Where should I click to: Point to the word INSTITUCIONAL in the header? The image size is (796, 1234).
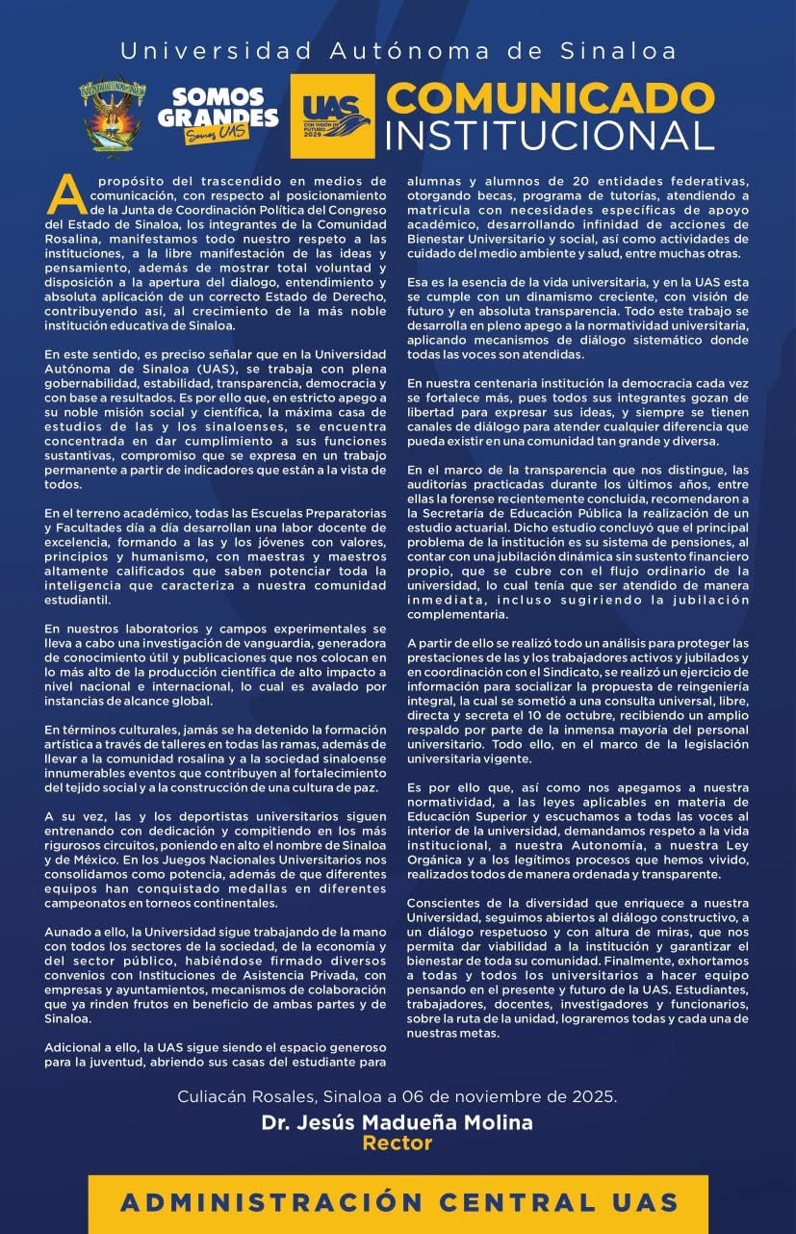[550, 135]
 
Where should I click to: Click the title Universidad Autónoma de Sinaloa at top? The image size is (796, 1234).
[398, 51]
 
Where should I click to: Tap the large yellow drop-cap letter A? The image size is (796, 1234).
[63, 194]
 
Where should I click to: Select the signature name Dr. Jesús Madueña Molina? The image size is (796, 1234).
[397, 1122]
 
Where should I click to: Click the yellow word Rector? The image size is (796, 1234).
[397, 1144]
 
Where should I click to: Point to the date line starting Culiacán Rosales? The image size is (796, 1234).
[397, 1098]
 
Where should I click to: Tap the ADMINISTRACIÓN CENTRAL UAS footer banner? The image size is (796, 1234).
[398, 1201]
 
